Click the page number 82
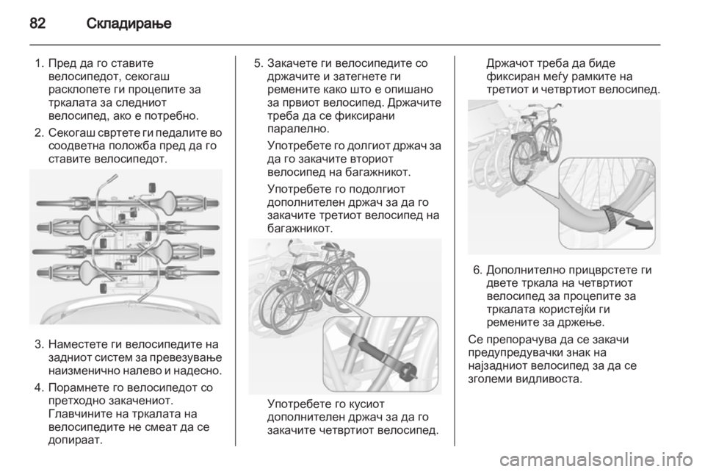(x=37, y=23)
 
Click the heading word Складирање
(x=129, y=24)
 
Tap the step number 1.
(x=38, y=63)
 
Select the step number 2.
(x=38, y=133)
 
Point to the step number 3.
(x=38, y=345)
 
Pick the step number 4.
(x=38, y=388)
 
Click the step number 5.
(x=258, y=63)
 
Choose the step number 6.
(x=477, y=270)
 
